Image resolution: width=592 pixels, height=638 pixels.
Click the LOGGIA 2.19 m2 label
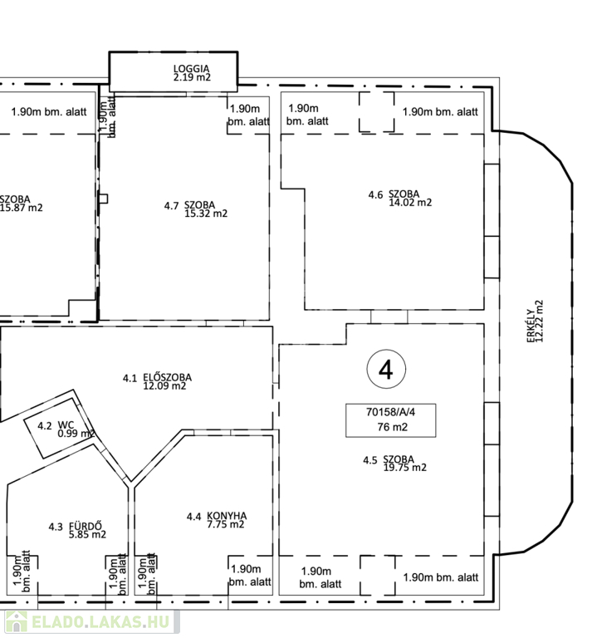click(x=192, y=73)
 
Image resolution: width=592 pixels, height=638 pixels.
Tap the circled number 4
click(x=386, y=370)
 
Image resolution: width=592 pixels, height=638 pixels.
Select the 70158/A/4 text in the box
click(x=390, y=412)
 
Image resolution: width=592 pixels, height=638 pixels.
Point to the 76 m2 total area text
click(x=392, y=427)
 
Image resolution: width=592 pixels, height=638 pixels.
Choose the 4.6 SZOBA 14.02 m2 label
click(x=400, y=199)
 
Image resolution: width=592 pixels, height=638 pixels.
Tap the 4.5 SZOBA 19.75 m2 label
click(x=394, y=464)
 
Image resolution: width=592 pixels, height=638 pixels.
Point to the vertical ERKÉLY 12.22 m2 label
click(x=535, y=321)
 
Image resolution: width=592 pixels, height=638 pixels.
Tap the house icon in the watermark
click(x=16, y=621)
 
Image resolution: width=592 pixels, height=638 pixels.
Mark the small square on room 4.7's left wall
click(x=104, y=199)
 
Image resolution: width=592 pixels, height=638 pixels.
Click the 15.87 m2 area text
click(x=22, y=208)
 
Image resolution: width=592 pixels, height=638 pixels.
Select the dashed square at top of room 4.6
click(x=376, y=112)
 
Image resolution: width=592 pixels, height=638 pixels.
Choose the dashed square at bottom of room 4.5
click(x=377, y=576)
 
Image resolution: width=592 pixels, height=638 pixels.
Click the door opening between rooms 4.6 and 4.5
click(x=389, y=317)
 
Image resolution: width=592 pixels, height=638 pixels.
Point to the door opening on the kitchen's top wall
click(x=213, y=432)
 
